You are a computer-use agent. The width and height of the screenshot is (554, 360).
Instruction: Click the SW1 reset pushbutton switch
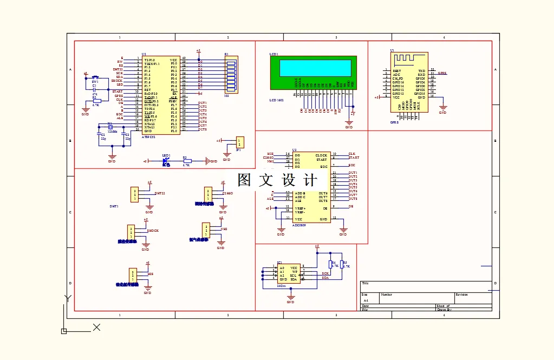[95, 78]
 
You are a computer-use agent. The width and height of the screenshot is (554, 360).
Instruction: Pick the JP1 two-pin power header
[239, 142]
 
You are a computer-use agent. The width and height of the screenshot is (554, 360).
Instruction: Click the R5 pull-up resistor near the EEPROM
[342, 265]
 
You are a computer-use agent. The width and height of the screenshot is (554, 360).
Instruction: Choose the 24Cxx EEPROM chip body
[289, 273]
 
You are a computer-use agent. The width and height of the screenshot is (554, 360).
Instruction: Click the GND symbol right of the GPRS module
[442, 111]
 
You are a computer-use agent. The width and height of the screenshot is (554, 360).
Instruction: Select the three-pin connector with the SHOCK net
[131, 232]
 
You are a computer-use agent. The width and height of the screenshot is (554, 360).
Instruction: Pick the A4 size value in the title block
[366, 300]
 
